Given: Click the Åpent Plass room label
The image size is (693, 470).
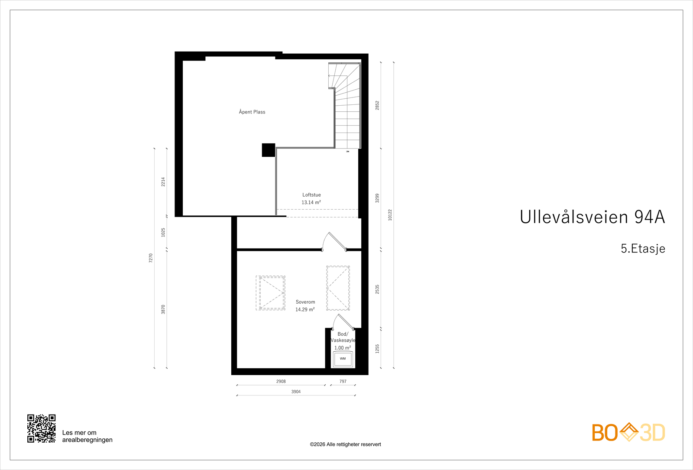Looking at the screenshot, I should click(x=252, y=112).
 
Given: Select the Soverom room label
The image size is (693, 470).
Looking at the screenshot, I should click(x=305, y=302).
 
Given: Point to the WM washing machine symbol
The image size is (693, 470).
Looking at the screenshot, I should click(x=343, y=359).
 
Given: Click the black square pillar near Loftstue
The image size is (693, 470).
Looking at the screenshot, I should click(x=269, y=150).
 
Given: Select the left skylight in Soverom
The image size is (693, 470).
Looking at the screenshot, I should click(x=271, y=293).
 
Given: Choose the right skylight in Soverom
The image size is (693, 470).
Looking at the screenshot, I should click(x=338, y=288).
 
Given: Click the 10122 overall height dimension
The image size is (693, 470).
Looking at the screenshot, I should click(x=390, y=215).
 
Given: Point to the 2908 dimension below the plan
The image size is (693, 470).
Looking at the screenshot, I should click(x=281, y=381).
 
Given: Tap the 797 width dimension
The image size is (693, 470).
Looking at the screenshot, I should click(x=343, y=381).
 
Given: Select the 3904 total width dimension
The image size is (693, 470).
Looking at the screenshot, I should click(x=296, y=392).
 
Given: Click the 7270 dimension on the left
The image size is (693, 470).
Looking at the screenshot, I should click(x=151, y=258).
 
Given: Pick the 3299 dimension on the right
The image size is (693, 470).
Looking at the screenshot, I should click(x=377, y=198).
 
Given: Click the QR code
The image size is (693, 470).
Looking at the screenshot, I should click(x=42, y=428).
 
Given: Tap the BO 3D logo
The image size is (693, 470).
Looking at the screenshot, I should click(x=628, y=432).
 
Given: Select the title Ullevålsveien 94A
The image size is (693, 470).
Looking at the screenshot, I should click(x=592, y=217).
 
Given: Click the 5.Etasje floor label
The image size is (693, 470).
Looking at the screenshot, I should click(x=643, y=249).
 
